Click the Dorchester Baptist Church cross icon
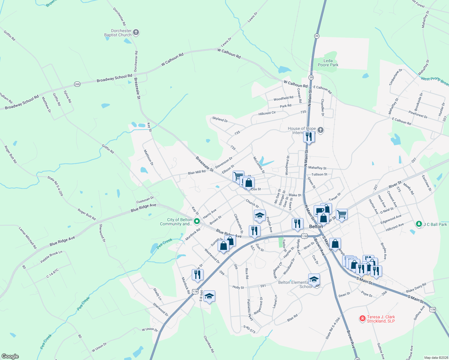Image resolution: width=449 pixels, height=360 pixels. (x=136, y=32)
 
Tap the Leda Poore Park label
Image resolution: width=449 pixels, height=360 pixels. (x=328, y=63)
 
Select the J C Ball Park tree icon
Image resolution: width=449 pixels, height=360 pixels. (x=419, y=224)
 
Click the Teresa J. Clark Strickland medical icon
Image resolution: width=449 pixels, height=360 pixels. (x=362, y=319)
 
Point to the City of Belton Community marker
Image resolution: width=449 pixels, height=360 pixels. (x=197, y=222)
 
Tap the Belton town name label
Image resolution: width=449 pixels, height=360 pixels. (x=316, y=226)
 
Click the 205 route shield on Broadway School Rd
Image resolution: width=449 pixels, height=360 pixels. (x=77, y=84)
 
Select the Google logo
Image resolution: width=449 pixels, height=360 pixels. (x=10, y=356)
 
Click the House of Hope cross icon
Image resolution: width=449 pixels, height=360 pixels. (x=321, y=130)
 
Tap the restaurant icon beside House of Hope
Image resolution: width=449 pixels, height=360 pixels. (x=309, y=137)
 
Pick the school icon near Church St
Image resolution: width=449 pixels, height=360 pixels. (x=260, y=215)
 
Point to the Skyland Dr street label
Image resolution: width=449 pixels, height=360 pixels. (x=220, y=119)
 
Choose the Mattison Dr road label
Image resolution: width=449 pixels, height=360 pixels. (x=149, y=157)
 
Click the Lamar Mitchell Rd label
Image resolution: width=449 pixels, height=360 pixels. (x=28, y=238)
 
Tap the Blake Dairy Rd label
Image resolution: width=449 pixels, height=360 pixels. (x=416, y=288)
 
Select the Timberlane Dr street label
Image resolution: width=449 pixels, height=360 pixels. (x=396, y=77)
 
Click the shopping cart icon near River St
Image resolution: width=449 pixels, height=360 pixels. (x=342, y=214)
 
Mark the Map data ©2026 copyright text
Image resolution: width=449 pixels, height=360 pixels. (x=436, y=358)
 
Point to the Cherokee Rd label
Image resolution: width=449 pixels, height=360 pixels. (x=209, y=344)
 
